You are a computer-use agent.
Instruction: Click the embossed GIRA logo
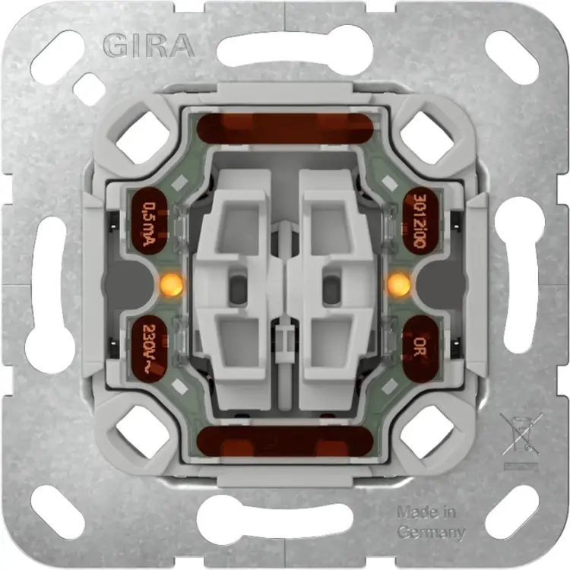(148, 46)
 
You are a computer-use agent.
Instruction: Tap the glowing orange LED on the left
(172, 283)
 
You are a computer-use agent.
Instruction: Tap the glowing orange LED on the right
(399, 283)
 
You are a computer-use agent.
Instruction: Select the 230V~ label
(149, 348)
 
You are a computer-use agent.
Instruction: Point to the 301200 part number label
(420, 221)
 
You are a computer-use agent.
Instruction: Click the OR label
(420, 347)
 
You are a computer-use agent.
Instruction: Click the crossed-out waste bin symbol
(521, 434)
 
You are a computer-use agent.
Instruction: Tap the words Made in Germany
(430, 523)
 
